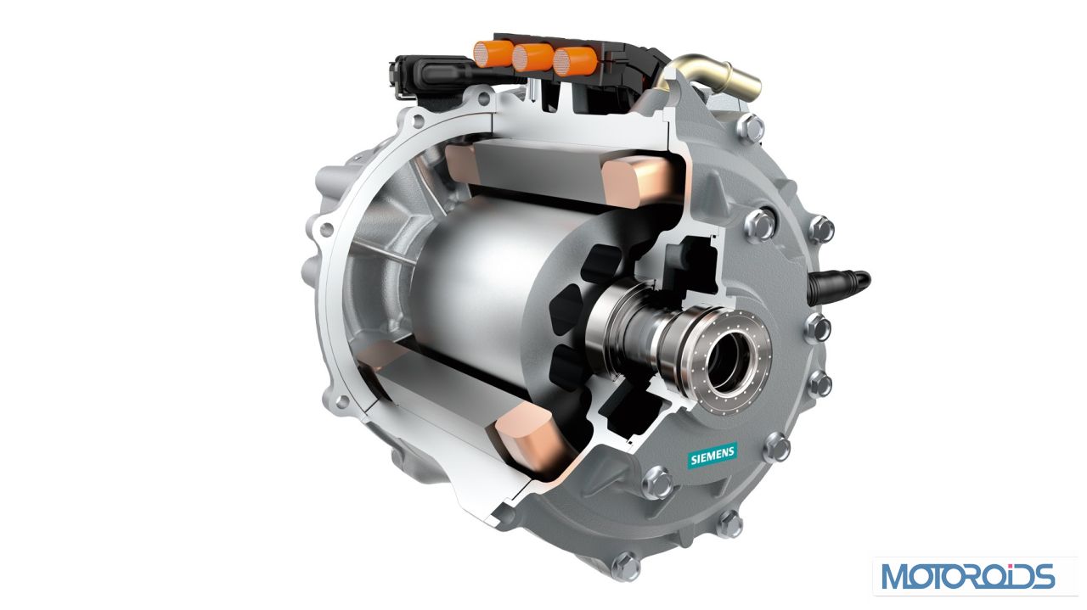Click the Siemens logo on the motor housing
712,456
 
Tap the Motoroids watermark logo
968,576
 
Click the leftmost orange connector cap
492,53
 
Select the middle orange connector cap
532,58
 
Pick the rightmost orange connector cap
575,62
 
